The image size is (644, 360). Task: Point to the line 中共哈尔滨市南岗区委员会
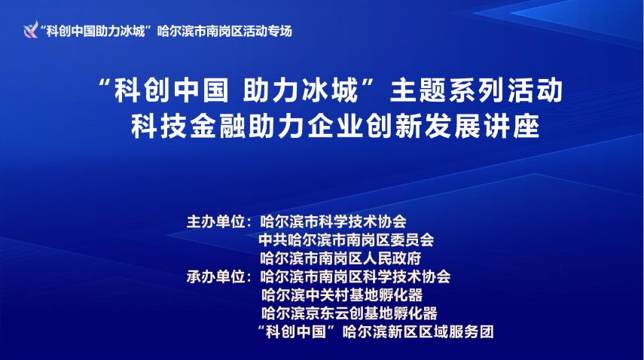[x=346, y=240]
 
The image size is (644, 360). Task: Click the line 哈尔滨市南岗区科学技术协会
[x=354, y=276]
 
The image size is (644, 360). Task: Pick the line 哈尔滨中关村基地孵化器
[x=340, y=294]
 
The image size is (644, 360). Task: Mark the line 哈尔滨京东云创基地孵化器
[x=348, y=313]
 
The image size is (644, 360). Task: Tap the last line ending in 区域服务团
[x=375, y=331]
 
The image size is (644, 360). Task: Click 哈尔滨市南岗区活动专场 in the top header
[x=224, y=31]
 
